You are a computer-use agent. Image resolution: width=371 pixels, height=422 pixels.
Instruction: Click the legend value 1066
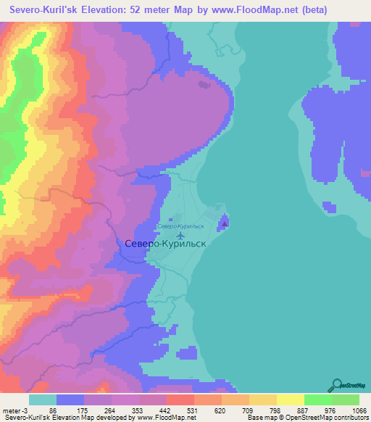[359, 411]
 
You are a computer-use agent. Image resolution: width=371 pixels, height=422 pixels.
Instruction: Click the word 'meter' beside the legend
[12, 411]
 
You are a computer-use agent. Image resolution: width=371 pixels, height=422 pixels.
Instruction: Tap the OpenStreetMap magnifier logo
[335, 384]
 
